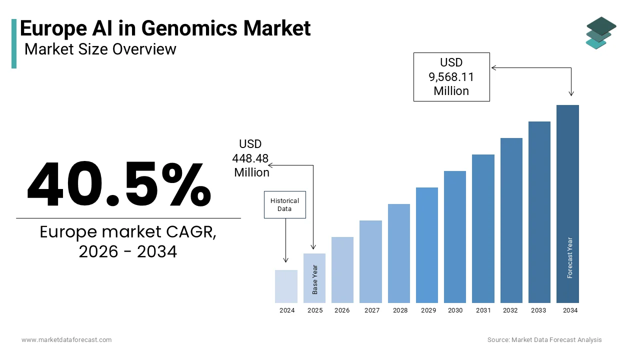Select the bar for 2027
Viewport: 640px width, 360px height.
pyautogui.click(x=370, y=261)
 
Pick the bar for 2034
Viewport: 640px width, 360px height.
pyautogui.click(x=567, y=203)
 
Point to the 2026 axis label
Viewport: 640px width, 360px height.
pyautogui.click(x=342, y=310)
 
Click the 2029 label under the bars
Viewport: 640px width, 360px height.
pyautogui.click(x=428, y=310)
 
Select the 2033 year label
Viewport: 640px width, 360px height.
pyautogui.click(x=538, y=310)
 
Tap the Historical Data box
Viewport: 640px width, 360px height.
pyautogui.click(x=284, y=204)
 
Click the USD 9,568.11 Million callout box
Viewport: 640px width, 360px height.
pyautogui.click(x=451, y=77)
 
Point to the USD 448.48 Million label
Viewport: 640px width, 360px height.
pyautogui.click(x=250, y=158)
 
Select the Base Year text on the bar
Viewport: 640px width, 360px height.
pyautogui.click(x=315, y=279)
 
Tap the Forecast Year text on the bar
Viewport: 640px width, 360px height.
pyautogui.click(x=570, y=257)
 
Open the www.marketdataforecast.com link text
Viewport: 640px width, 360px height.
pyautogui.click(x=66, y=340)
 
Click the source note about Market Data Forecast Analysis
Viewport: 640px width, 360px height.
pyautogui.click(x=544, y=340)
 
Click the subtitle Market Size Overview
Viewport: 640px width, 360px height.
pyautogui.click(x=100, y=49)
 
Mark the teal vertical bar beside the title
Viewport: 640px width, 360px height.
pyautogui.click(x=14, y=43)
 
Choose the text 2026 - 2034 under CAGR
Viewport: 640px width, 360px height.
pyautogui.click(x=128, y=251)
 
